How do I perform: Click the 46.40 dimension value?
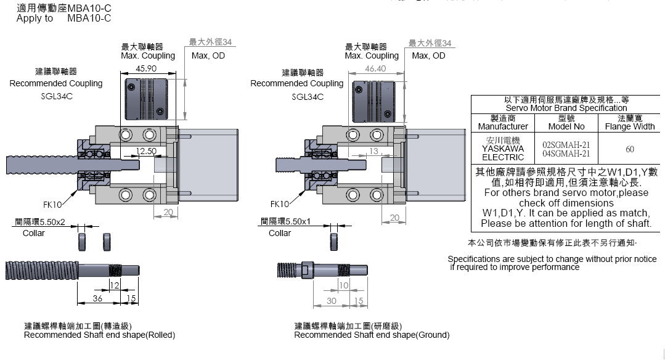pos(375,68)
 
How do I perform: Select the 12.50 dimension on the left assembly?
pos(146,150)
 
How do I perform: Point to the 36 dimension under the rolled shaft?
pos(97,298)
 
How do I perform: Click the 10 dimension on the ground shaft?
pos(344,285)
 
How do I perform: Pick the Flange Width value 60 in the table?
pos(629,149)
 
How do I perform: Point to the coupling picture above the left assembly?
pos(147,99)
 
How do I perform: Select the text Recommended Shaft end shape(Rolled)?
pos(99,335)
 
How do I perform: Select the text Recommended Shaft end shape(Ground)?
pos(372,335)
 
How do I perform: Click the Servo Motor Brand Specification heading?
pos(566,108)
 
